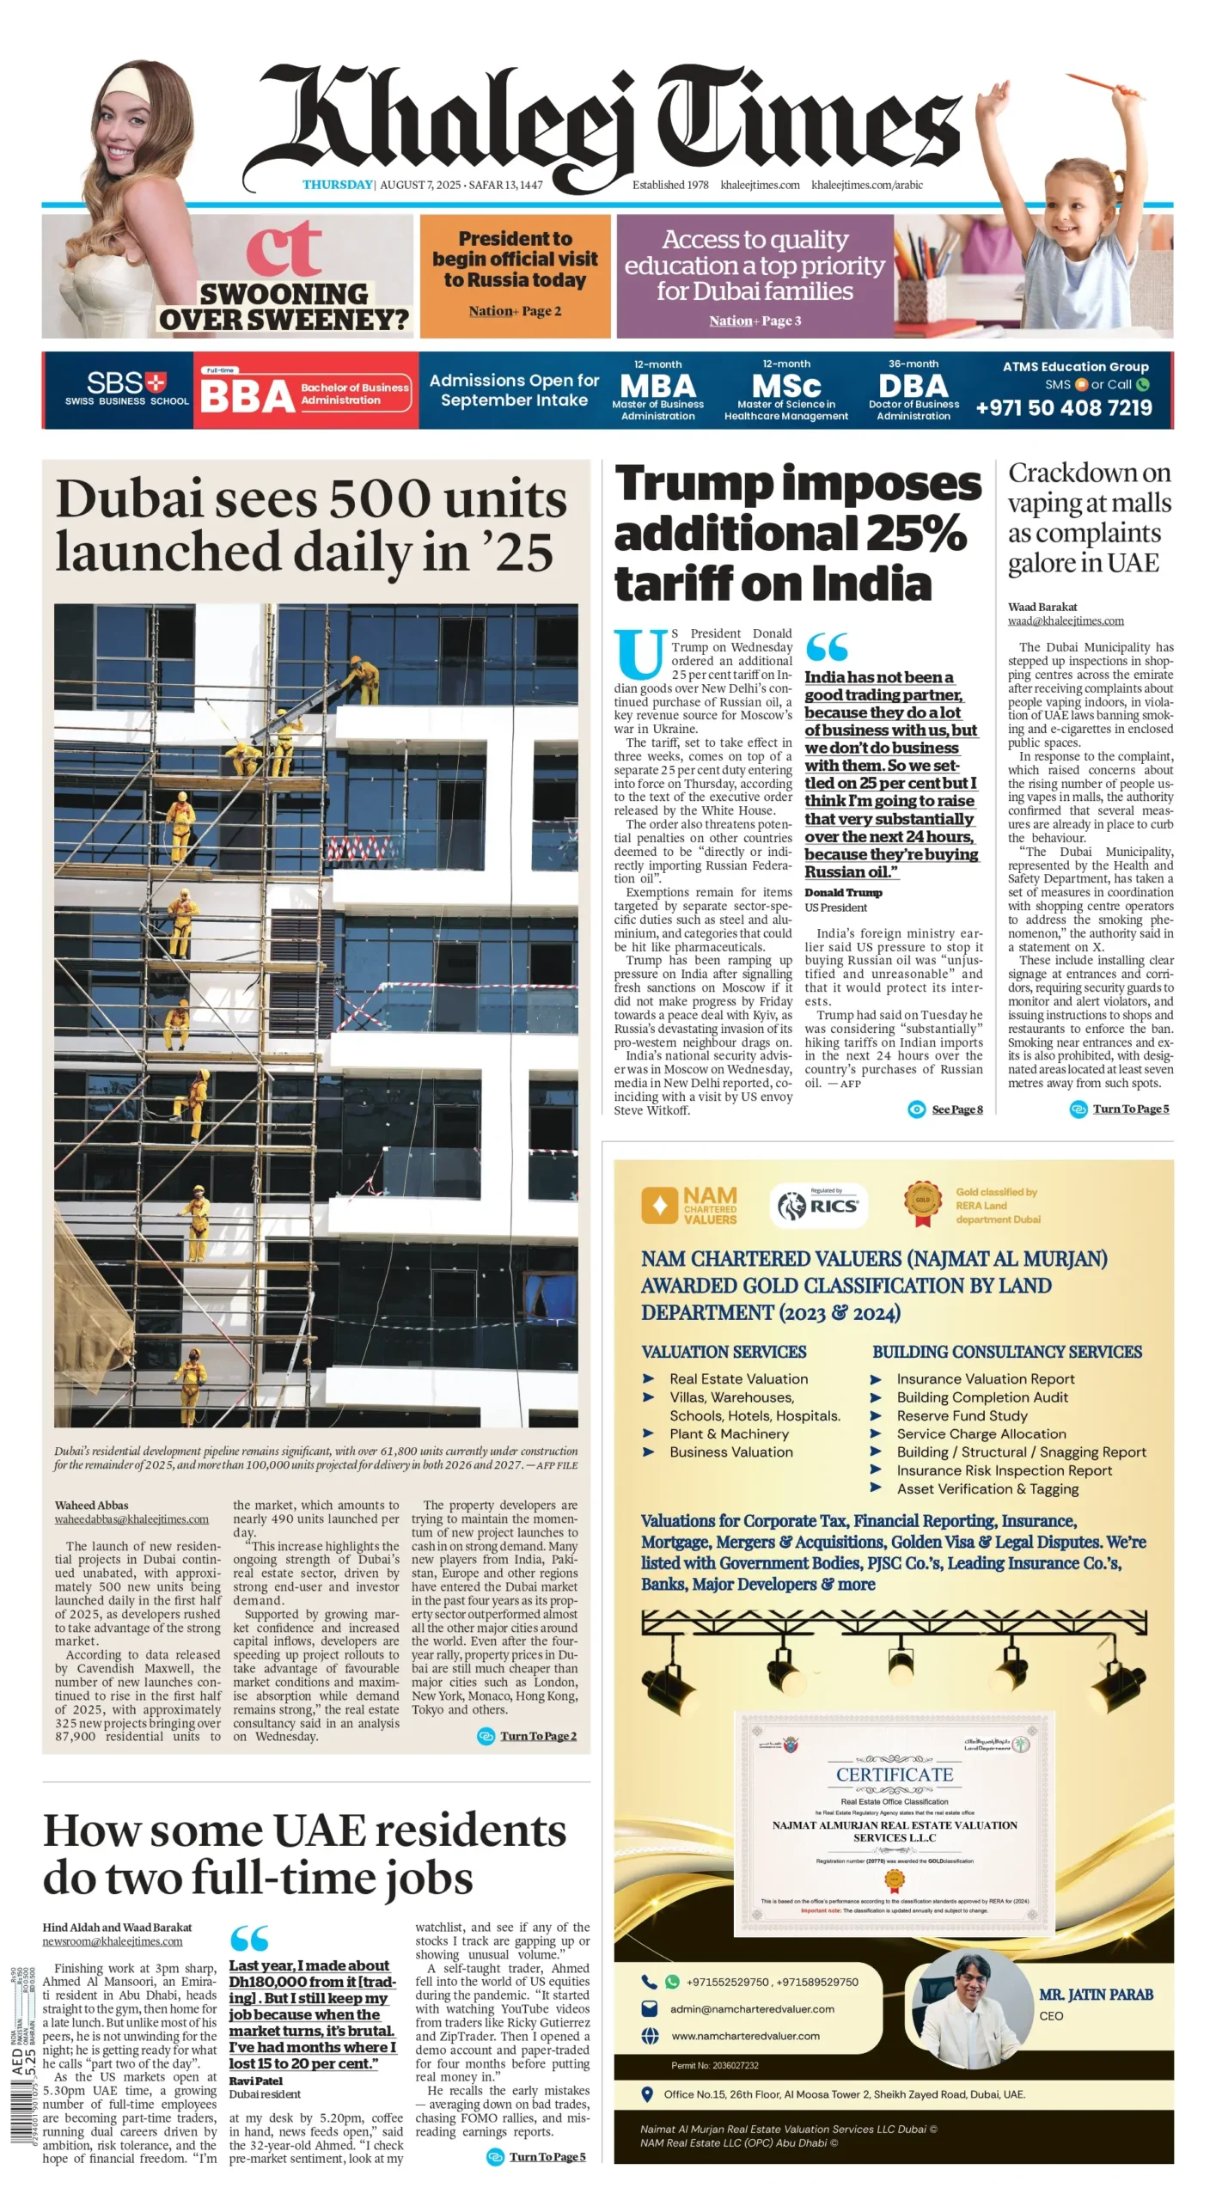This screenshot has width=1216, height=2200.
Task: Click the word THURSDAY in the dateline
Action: point(337,185)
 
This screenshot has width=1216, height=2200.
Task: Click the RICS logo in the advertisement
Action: point(818,1205)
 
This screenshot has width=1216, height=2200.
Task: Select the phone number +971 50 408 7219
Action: point(1063,407)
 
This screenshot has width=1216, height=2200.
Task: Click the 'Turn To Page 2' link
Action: point(538,1736)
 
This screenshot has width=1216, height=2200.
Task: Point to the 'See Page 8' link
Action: point(956,1109)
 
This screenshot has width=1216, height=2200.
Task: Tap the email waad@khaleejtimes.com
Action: point(1065,620)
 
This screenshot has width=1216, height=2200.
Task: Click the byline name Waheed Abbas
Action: point(91,1505)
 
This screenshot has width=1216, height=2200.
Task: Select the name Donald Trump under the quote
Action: point(842,893)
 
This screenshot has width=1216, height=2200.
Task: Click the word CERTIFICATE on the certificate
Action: point(894,1775)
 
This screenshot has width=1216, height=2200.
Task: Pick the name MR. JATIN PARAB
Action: point(1096,1994)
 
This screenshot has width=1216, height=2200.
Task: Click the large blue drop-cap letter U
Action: point(639,655)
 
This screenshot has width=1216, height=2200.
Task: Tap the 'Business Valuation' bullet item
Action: point(730,1451)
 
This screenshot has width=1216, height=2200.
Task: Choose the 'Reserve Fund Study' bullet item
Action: point(962,1415)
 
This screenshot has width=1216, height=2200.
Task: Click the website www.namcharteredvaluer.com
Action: point(745,2036)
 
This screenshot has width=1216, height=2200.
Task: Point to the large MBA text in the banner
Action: point(657,386)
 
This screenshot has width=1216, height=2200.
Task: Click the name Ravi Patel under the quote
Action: point(255,2081)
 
